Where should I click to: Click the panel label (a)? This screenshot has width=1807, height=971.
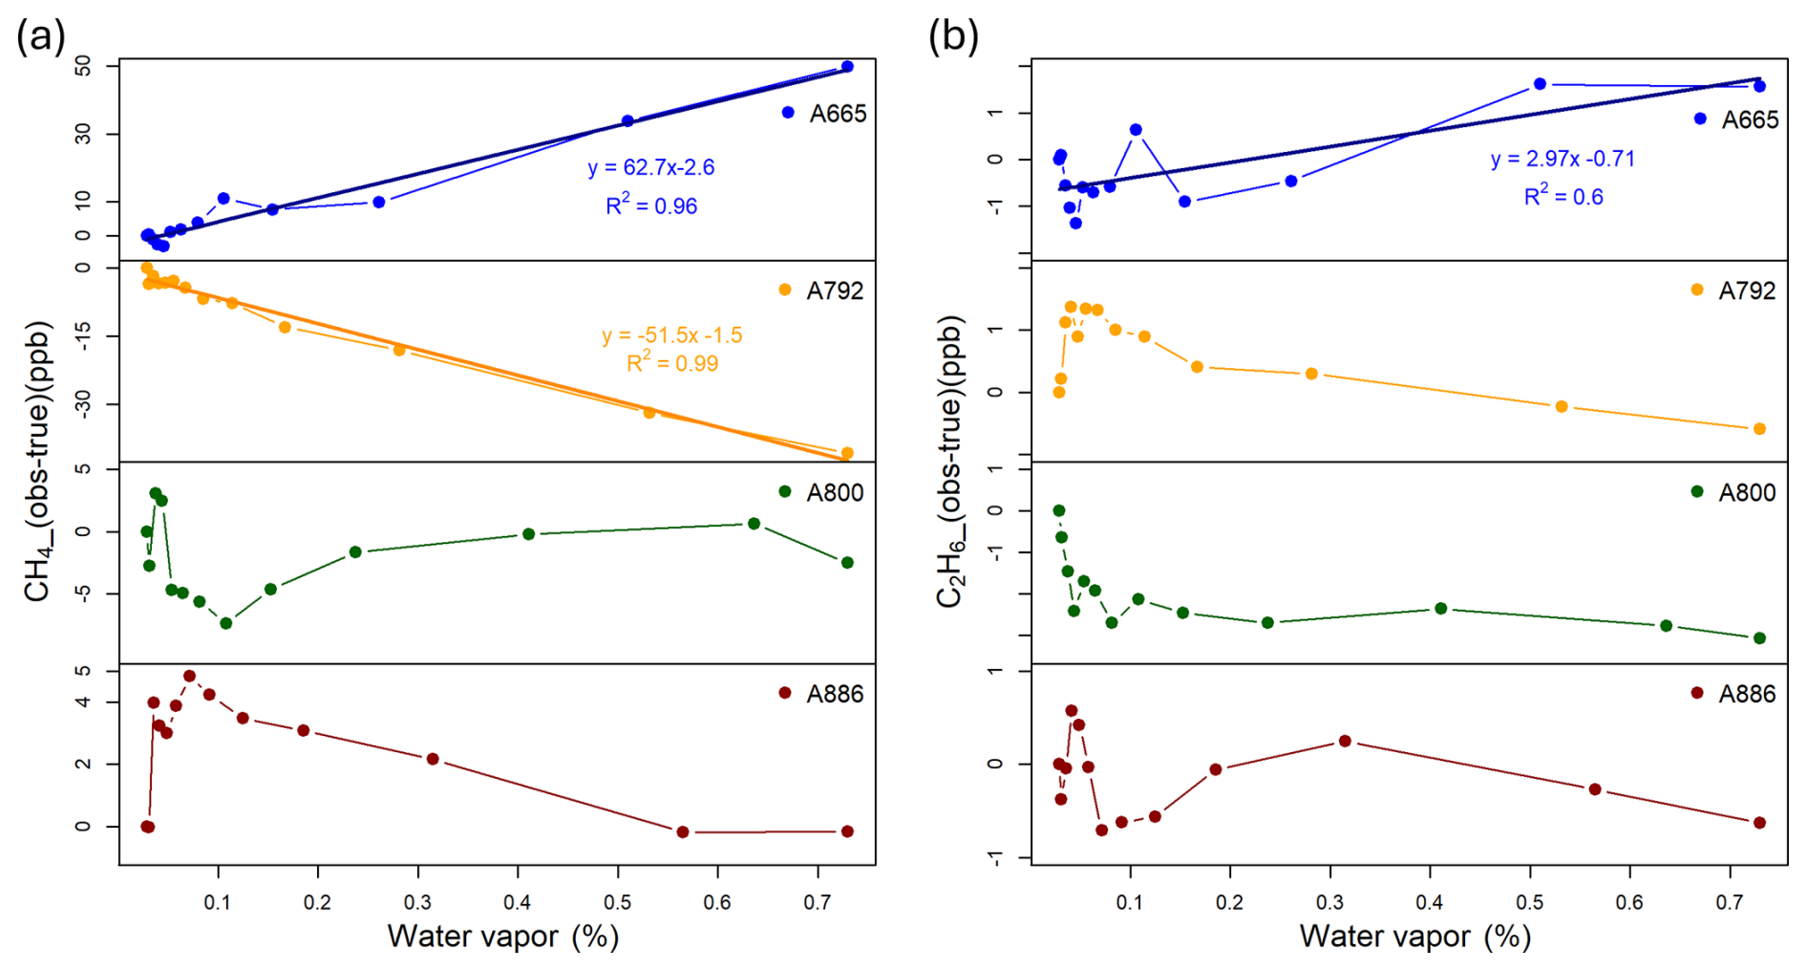click(41, 37)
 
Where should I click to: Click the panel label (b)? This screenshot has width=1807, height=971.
click(953, 37)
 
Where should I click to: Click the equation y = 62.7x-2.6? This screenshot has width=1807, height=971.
click(651, 168)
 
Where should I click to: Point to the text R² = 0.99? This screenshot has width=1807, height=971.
click(672, 363)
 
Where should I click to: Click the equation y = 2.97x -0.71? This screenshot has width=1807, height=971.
click(1563, 159)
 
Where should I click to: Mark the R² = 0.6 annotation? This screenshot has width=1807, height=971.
click(1563, 197)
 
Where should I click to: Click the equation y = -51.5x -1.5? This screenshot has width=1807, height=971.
click(672, 335)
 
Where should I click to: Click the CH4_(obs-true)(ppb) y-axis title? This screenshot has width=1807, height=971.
click(37, 461)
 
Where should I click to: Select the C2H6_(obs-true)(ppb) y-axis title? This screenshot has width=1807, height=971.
click(949, 461)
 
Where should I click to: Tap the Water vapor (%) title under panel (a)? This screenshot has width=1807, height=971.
click(502, 936)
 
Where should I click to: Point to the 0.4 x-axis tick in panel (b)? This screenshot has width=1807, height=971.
click(1430, 902)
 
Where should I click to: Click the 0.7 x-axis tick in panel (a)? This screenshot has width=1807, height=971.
click(818, 902)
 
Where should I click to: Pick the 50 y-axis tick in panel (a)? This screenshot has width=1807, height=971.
click(84, 65)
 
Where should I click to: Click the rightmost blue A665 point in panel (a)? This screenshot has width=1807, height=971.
click(847, 67)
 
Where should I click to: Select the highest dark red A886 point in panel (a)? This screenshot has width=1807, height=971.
click(189, 676)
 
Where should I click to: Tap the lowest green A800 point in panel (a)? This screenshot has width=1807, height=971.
click(226, 623)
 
